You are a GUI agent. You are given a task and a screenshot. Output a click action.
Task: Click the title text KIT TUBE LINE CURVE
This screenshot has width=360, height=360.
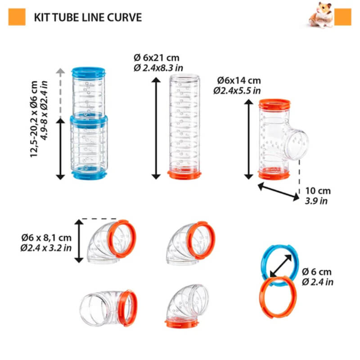tap(88, 18)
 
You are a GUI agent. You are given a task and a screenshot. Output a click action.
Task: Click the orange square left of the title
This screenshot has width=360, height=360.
tap(17, 17)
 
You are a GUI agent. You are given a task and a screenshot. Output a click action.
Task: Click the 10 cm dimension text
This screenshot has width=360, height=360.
tap(317, 191)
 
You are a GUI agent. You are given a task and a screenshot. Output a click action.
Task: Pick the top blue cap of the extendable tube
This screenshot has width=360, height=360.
tap(88, 72)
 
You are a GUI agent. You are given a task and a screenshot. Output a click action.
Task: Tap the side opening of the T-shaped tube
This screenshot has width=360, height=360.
tap(297, 144)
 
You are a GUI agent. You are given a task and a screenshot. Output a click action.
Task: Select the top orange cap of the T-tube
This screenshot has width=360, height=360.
tap(274, 105)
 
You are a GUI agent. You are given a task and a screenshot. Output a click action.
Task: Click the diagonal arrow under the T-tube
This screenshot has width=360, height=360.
tap(278, 190)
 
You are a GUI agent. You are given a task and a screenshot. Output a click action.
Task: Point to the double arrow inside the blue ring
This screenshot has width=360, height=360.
tap(280, 266)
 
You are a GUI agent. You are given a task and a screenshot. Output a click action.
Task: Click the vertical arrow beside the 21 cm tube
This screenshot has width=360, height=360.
tap(156, 128)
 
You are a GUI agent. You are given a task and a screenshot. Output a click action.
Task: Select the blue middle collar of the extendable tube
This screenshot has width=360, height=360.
tap(89, 120)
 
